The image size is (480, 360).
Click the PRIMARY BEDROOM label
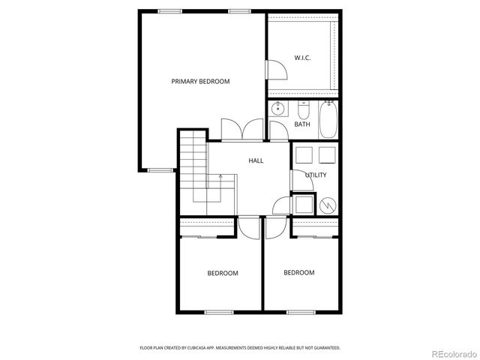pyautogui.click(x=200, y=81)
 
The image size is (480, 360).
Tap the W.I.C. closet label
pyautogui.click(x=302, y=58)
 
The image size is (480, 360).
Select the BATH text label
pyautogui.click(x=302, y=124)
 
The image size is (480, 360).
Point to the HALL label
pyautogui.click(x=256, y=160)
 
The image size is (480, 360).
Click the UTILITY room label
pyautogui.click(x=316, y=175)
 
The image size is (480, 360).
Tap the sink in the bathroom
pyautogui.click(x=278, y=108)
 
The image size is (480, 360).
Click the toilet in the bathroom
pyautogui.click(x=304, y=106)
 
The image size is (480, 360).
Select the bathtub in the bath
pyautogui.click(x=328, y=120)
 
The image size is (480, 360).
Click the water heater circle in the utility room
pyautogui.click(x=327, y=204)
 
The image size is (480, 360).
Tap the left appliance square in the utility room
pyautogui.click(x=304, y=155)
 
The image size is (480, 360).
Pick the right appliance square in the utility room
pyautogui.click(x=328, y=155)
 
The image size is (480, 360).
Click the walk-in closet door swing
pyautogui.click(x=277, y=69)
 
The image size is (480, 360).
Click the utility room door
pyautogui.click(x=298, y=179)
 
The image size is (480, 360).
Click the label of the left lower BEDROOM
pyautogui.click(x=223, y=273)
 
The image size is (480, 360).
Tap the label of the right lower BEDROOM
pyautogui.click(x=298, y=272)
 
